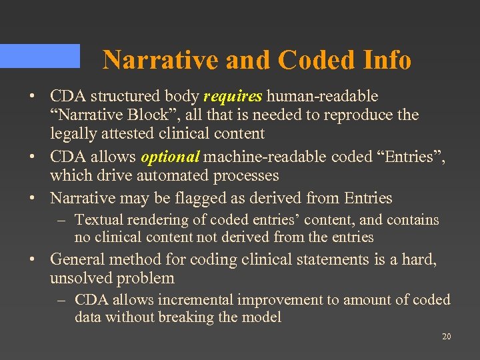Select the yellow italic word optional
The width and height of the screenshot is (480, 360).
click(x=170, y=157)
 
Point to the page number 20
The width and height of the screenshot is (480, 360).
click(x=446, y=337)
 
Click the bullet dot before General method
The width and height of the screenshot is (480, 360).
click(x=32, y=259)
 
